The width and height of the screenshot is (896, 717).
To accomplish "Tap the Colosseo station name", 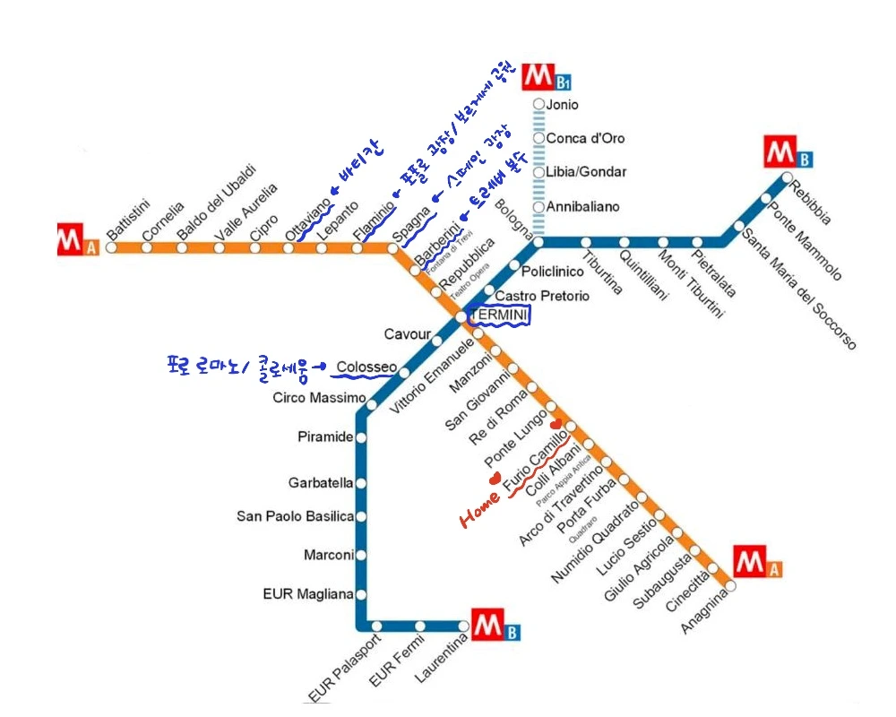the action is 366,367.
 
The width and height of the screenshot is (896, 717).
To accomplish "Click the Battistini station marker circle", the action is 111,247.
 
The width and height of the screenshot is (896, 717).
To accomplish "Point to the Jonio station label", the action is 562,105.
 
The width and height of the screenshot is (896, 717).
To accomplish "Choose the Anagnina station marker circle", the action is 730,586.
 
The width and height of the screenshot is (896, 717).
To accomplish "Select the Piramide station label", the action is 325,437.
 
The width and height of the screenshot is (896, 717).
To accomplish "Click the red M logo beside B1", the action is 538,73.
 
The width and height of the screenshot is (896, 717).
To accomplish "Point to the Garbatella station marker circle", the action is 361,483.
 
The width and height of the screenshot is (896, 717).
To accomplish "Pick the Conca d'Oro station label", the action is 585,139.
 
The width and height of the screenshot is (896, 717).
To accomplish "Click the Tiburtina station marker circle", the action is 586,242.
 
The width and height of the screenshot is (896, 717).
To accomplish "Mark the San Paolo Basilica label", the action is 295,516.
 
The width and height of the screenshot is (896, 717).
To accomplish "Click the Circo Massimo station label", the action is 319,398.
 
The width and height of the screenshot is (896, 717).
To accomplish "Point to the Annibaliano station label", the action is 582,207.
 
